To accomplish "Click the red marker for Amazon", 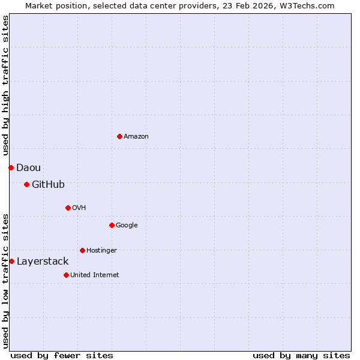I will pos(119,136).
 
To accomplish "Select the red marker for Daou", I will pos(11,167).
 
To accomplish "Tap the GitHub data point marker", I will pos(26,184).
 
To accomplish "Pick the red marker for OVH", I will pos(68,208).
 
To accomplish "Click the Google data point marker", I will pos(112,225).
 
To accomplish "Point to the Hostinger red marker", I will pos(82,250).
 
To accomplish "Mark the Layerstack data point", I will pos(11,261).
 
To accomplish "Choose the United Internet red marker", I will pos(66,275).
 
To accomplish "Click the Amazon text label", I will pos(136,137).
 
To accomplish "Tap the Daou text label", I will pos(28,168).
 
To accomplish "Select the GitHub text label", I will pos(48,185).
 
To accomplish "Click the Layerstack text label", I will pos(43,262).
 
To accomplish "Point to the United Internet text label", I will pos(95,275).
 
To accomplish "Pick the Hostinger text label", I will pos(101,251).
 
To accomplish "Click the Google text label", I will pos(127,226).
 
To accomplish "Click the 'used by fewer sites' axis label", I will pos(62,356).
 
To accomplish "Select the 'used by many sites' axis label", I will pos(301,356).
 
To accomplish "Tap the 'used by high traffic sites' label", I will pos(5,86).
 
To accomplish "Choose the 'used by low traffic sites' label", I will pos(5,280).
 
